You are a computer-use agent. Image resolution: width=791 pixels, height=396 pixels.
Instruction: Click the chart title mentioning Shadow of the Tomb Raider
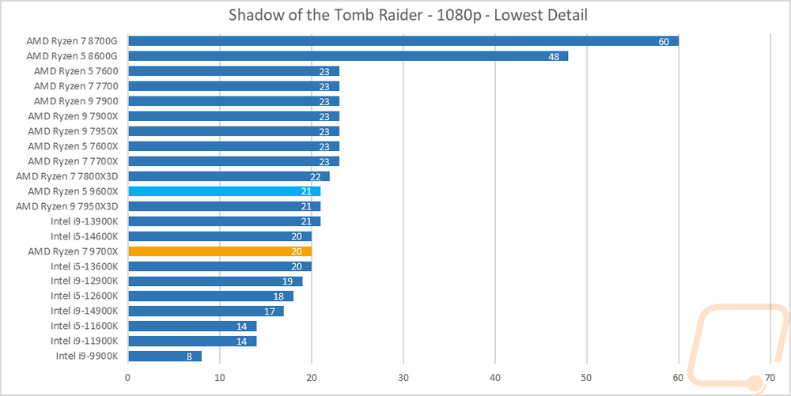pos(407,14)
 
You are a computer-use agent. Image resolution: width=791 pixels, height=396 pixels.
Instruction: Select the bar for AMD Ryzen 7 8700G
pos(403,41)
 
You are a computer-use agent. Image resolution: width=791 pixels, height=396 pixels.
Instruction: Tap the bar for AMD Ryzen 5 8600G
pos(349,56)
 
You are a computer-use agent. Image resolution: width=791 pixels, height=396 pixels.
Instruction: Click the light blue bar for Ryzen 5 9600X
pos(225,191)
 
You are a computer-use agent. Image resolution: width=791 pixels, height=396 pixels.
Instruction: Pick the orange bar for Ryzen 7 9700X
pos(220,251)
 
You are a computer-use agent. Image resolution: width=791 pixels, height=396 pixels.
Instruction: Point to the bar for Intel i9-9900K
pos(165,356)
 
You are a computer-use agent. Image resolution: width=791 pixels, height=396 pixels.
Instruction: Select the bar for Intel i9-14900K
pos(206,311)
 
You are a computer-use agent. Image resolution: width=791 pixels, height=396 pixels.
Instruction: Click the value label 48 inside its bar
pos(554,56)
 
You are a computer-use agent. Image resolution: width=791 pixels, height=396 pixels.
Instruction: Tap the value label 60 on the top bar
pos(664,41)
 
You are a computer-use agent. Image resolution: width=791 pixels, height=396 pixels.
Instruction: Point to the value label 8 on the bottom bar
pos(189,356)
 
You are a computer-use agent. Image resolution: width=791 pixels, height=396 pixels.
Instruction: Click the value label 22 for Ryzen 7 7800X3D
pos(316,176)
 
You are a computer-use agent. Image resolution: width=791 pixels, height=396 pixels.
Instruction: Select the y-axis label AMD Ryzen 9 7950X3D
pos(67,206)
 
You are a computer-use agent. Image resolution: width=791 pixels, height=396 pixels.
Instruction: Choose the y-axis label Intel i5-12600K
pos(85,296)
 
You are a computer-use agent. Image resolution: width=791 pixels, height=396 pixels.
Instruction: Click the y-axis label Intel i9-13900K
pos(85,221)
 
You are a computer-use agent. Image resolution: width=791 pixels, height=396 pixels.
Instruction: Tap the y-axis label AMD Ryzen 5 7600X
pos(73,146)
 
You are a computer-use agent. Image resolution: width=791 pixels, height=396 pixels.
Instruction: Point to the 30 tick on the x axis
pos(403,377)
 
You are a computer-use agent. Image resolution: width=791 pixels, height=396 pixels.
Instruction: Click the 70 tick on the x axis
pos(770,377)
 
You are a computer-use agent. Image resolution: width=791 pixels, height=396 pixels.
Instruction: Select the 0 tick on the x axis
pos(129,377)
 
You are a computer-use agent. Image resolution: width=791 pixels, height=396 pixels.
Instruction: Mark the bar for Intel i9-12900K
pos(215,281)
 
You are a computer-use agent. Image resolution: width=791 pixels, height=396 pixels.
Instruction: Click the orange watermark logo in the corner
pos(737,348)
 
